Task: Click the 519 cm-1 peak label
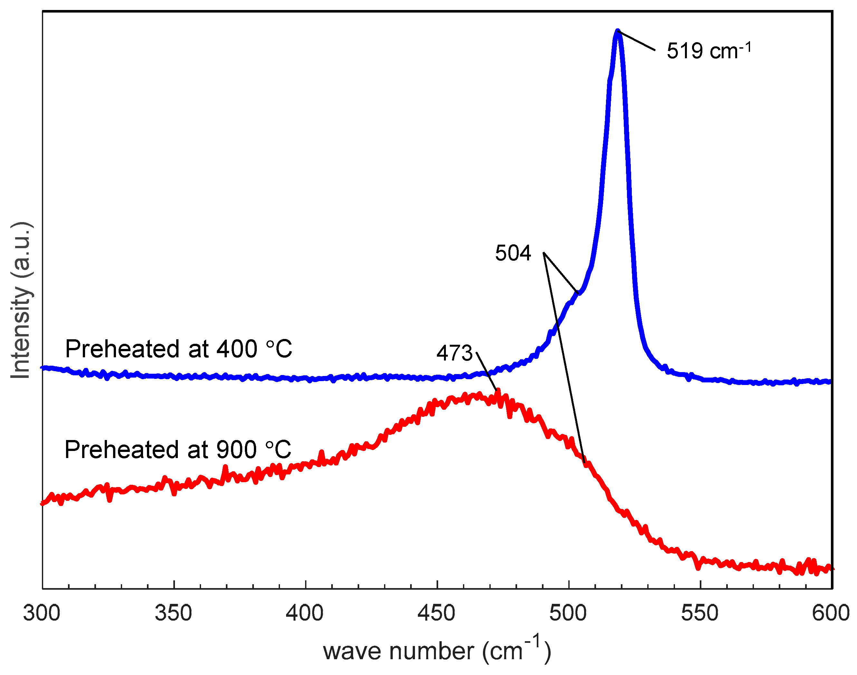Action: pos(708,51)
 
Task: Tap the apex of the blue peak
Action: pos(617,31)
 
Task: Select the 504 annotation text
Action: pos(513,253)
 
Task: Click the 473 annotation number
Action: pos(454,353)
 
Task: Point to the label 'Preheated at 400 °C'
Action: pos(178,349)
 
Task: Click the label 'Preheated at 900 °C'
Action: pos(178,450)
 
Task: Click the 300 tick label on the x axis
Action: pos(42,613)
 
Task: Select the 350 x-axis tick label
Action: pos(173,613)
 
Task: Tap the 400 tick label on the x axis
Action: pos(304,613)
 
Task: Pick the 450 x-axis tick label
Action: pos(436,613)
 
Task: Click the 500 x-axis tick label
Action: pos(568,613)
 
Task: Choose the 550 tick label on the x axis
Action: pos(699,613)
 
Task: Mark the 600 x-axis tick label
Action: pos(831,613)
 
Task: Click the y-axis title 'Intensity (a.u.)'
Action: pos(21,300)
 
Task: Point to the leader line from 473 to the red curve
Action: pos(486,371)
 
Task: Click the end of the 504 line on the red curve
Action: pos(584,462)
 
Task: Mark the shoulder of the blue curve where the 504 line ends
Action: pos(579,293)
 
